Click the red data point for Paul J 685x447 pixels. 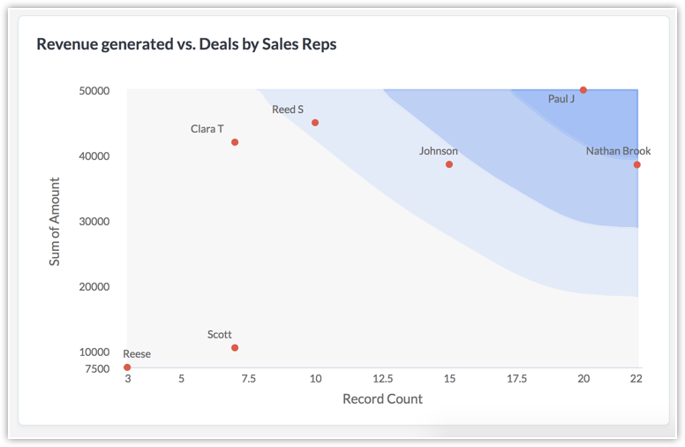[x=583, y=90]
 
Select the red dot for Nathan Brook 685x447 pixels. [x=636, y=165]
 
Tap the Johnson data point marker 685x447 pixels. [x=449, y=164]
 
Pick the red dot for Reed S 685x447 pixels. [x=315, y=123]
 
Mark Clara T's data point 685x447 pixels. [x=235, y=142]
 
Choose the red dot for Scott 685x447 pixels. [x=235, y=348]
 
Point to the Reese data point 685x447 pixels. [x=127, y=367]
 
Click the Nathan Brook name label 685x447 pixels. [x=618, y=151]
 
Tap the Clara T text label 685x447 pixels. [x=207, y=129]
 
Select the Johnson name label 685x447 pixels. [x=438, y=151]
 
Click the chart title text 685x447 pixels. [x=186, y=43]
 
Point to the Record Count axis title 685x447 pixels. [x=382, y=399]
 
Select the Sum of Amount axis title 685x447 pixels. [x=55, y=222]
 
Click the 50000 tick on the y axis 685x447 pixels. [x=94, y=91]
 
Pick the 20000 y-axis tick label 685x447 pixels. [x=94, y=287]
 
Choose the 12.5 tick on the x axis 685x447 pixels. [x=382, y=379]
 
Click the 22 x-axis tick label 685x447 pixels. [x=636, y=379]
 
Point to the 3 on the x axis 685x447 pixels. [x=127, y=379]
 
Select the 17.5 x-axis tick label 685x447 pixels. [x=516, y=379]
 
